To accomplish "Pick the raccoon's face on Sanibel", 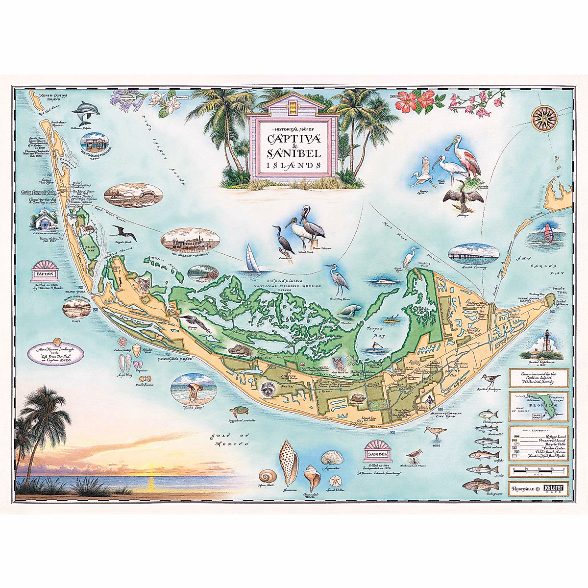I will pos(268,389).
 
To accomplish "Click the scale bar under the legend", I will pos(539,471).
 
